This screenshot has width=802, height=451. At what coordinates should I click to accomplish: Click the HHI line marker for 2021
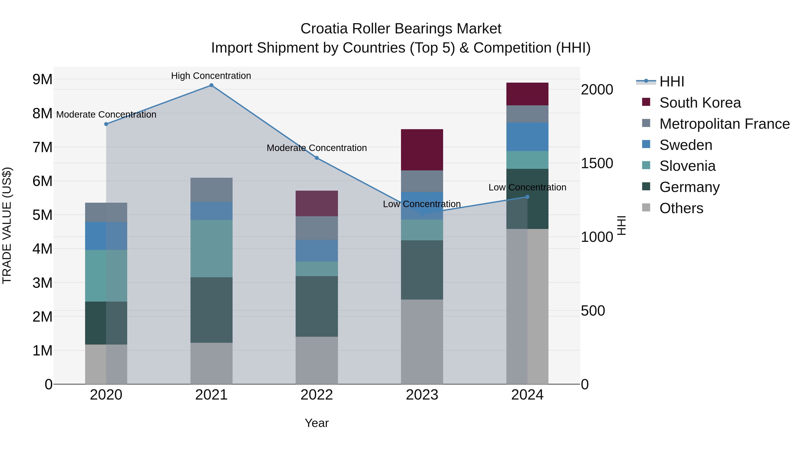pos(211,85)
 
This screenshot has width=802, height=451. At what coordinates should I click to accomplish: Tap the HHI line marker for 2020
pos(106,124)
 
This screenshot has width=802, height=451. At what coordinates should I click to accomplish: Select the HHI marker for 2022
pos(317,158)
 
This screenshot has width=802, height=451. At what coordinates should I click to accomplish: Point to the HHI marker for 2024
pos(527,197)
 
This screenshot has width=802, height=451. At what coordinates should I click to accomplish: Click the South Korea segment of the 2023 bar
pos(422,150)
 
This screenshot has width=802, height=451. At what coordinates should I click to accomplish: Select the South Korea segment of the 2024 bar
pos(527,94)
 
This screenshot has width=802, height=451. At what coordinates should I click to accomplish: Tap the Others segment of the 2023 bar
pos(422,341)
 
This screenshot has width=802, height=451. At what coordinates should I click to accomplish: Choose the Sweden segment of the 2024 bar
pos(527,137)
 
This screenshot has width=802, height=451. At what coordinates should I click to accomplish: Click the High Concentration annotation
pos(211,76)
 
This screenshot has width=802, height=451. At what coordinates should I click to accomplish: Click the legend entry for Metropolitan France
pos(724,124)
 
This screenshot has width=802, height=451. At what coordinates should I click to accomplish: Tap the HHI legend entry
pos(671,82)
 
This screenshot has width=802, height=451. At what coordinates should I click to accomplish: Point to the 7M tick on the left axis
pos(42,147)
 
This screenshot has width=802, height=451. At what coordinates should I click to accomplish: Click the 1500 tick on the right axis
pos(597,163)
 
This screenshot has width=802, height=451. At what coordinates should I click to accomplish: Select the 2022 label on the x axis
pos(317,395)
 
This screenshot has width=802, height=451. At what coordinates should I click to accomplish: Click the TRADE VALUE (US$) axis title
pos(7,225)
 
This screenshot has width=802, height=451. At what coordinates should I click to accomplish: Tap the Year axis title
pos(317,423)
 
